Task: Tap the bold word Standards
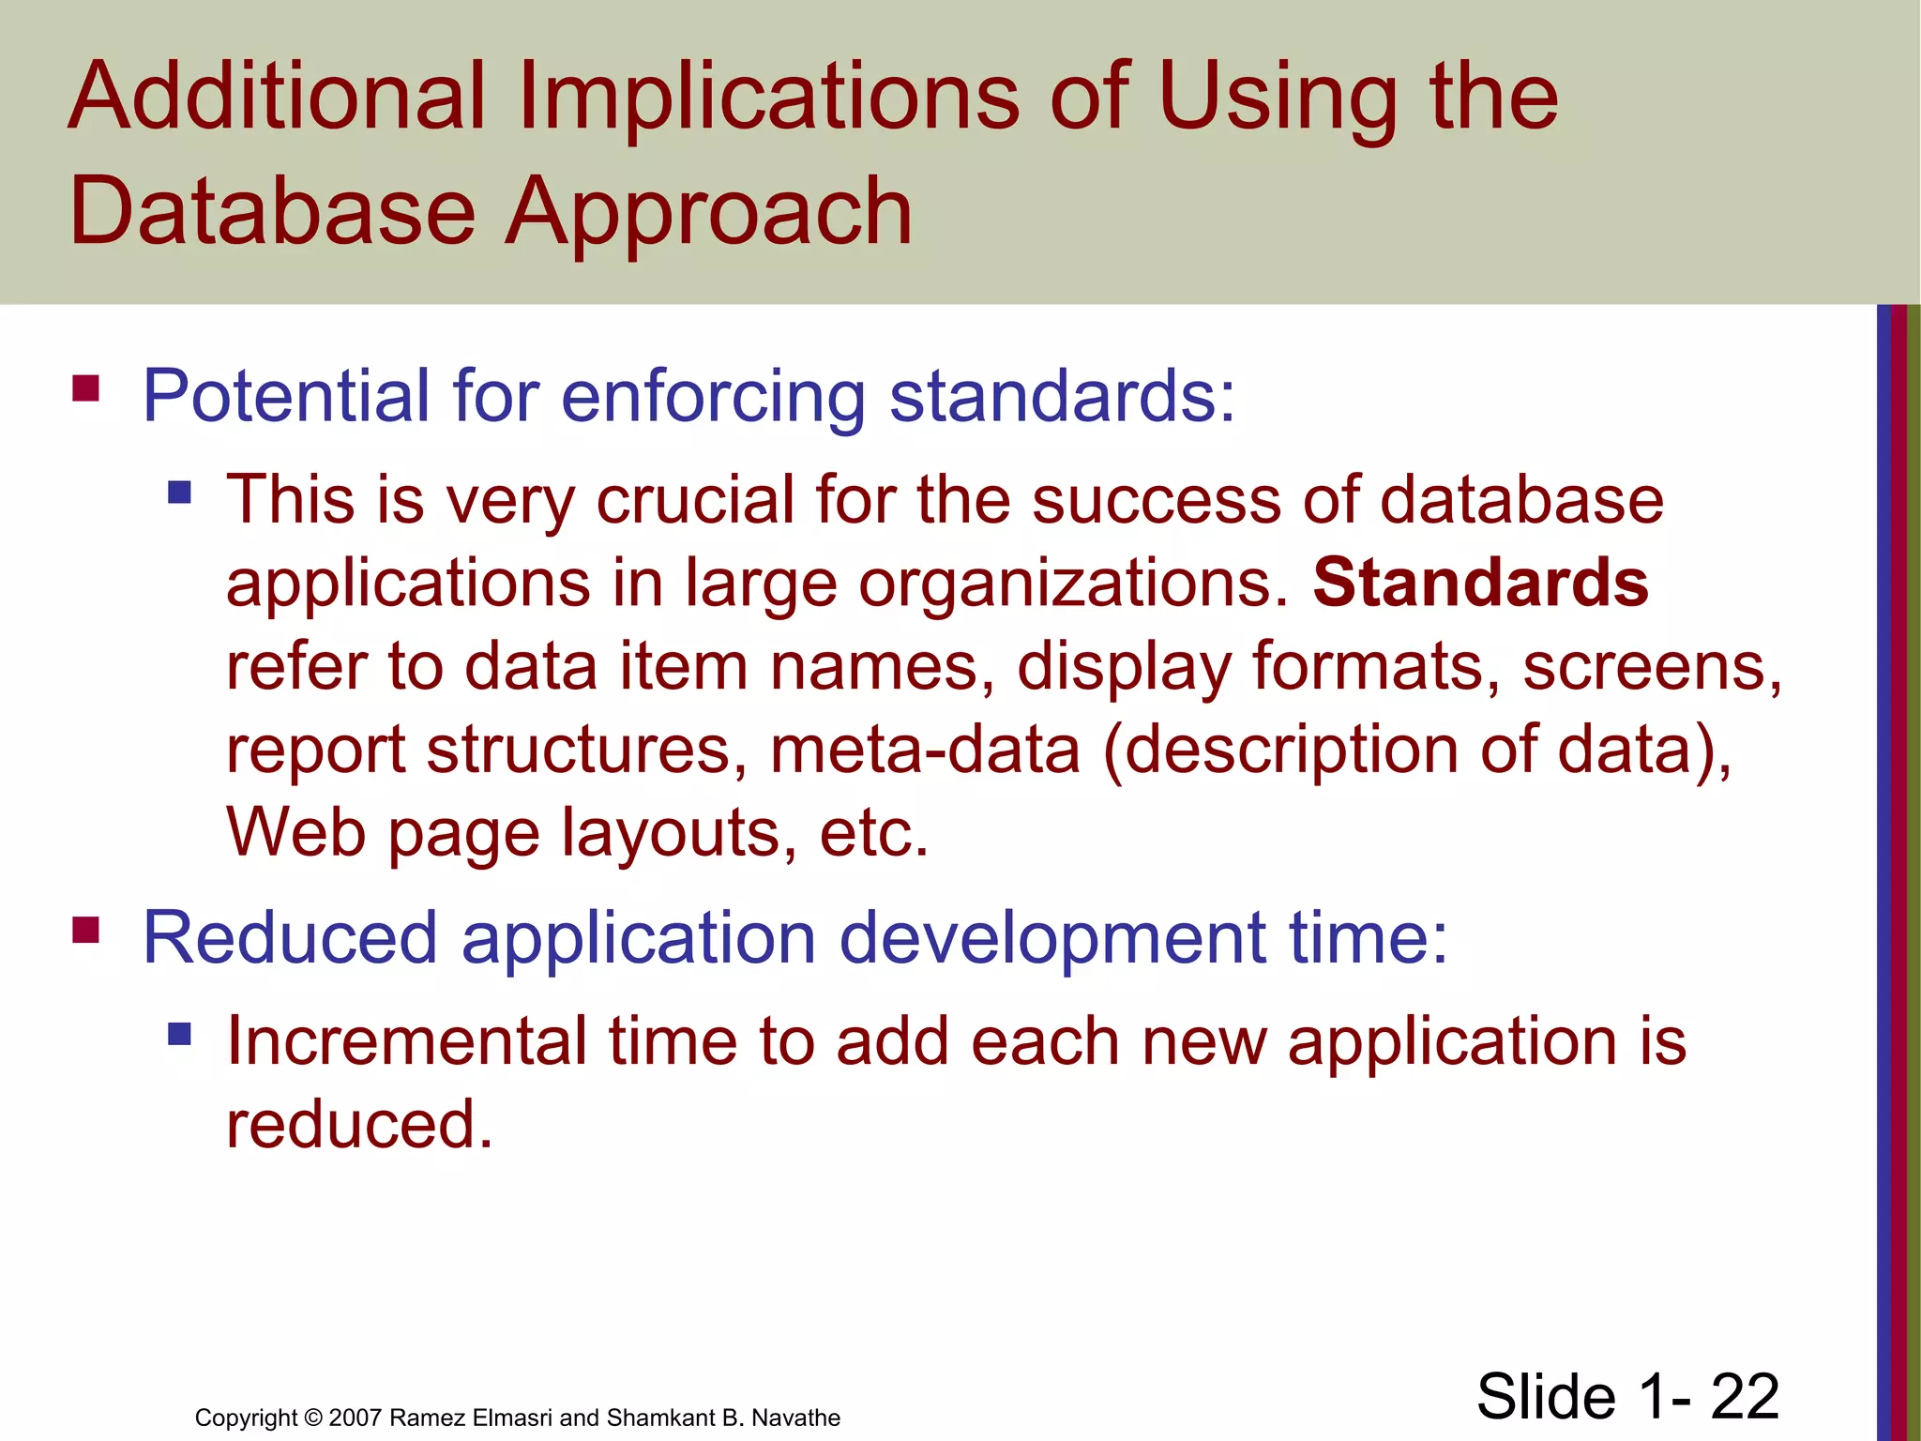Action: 1480,583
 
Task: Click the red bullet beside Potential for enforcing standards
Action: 86,387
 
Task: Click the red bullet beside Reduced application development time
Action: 86,930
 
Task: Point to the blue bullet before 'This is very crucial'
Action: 179,492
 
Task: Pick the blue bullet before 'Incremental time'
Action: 179,1034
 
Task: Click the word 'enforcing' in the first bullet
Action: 713,398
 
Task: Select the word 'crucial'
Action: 695,500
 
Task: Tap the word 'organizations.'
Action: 1074,584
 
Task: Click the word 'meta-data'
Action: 925,751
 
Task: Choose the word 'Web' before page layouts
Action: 296,833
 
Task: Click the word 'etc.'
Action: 873,833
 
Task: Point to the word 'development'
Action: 1051,938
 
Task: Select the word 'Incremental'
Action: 406,1041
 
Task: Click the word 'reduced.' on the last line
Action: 359,1125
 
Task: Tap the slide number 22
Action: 1744,1396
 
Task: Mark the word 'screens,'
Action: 1652,667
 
